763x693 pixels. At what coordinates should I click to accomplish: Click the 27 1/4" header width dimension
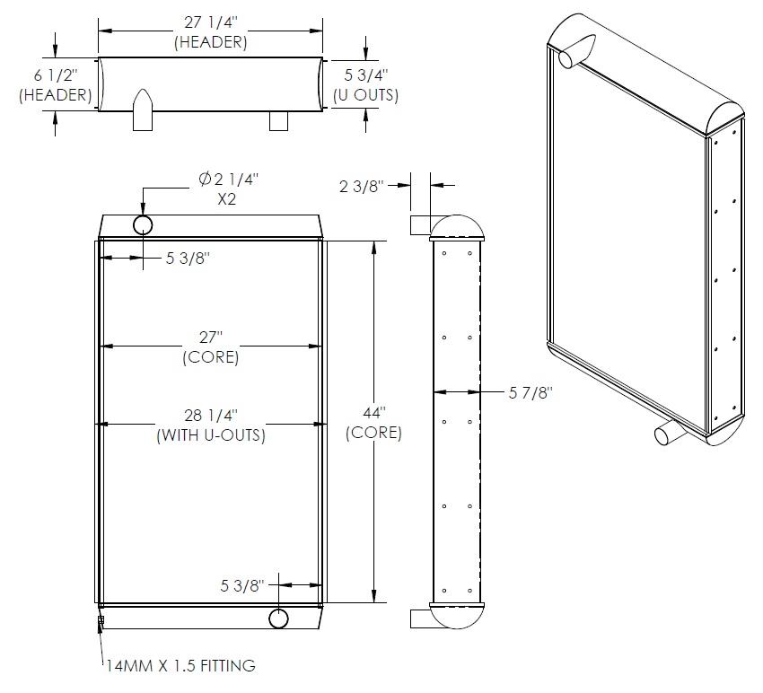(211, 32)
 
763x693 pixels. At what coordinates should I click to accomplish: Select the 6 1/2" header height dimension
(56, 84)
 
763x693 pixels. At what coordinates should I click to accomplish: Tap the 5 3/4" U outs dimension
(366, 84)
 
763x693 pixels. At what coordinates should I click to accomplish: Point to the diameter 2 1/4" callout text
(228, 180)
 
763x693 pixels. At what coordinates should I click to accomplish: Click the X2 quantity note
(227, 199)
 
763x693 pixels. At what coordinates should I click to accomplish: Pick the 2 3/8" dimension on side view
(362, 186)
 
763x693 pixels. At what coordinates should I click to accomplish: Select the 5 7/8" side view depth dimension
(531, 392)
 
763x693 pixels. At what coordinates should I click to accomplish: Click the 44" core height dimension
(373, 423)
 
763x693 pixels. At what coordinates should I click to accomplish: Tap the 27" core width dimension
(211, 347)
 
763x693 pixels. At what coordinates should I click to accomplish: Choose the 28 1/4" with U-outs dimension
(211, 425)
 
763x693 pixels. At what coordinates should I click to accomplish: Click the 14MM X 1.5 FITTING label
(181, 665)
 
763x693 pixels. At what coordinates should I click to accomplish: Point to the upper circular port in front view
(143, 225)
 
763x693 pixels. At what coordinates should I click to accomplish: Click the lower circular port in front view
(279, 618)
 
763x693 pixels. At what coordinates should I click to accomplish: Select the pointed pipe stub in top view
(143, 110)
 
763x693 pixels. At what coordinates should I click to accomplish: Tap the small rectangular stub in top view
(278, 120)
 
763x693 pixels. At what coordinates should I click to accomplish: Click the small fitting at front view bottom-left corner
(101, 620)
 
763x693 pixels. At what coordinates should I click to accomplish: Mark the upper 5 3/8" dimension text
(188, 258)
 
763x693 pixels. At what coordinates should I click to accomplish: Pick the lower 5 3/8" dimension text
(242, 585)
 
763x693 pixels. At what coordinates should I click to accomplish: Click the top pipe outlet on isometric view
(576, 51)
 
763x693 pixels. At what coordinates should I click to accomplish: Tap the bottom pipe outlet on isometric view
(670, 432)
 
